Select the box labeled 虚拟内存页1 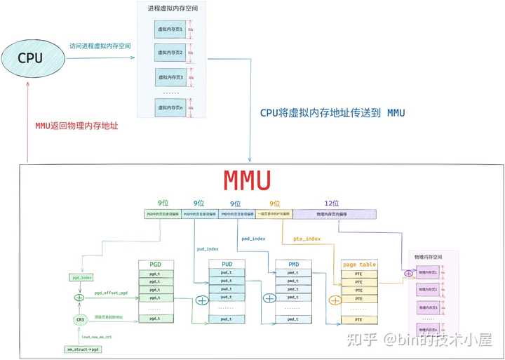[x=170, y=29]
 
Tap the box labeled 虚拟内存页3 [x=170, y=77]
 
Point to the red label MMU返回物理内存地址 [x=77, y=126]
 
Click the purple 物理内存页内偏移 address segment [x=334, y=214]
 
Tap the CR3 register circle [x=81, y=320]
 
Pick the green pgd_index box [x=82, y=278]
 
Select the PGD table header [x=155, y=264]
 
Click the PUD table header [x=226, y=264]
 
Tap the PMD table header [x=294, y=264]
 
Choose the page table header [x=359, y=265]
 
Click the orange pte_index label [x=307, y=239]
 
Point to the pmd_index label [x=254, y=239]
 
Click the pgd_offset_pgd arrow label [x=110, y=292]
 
